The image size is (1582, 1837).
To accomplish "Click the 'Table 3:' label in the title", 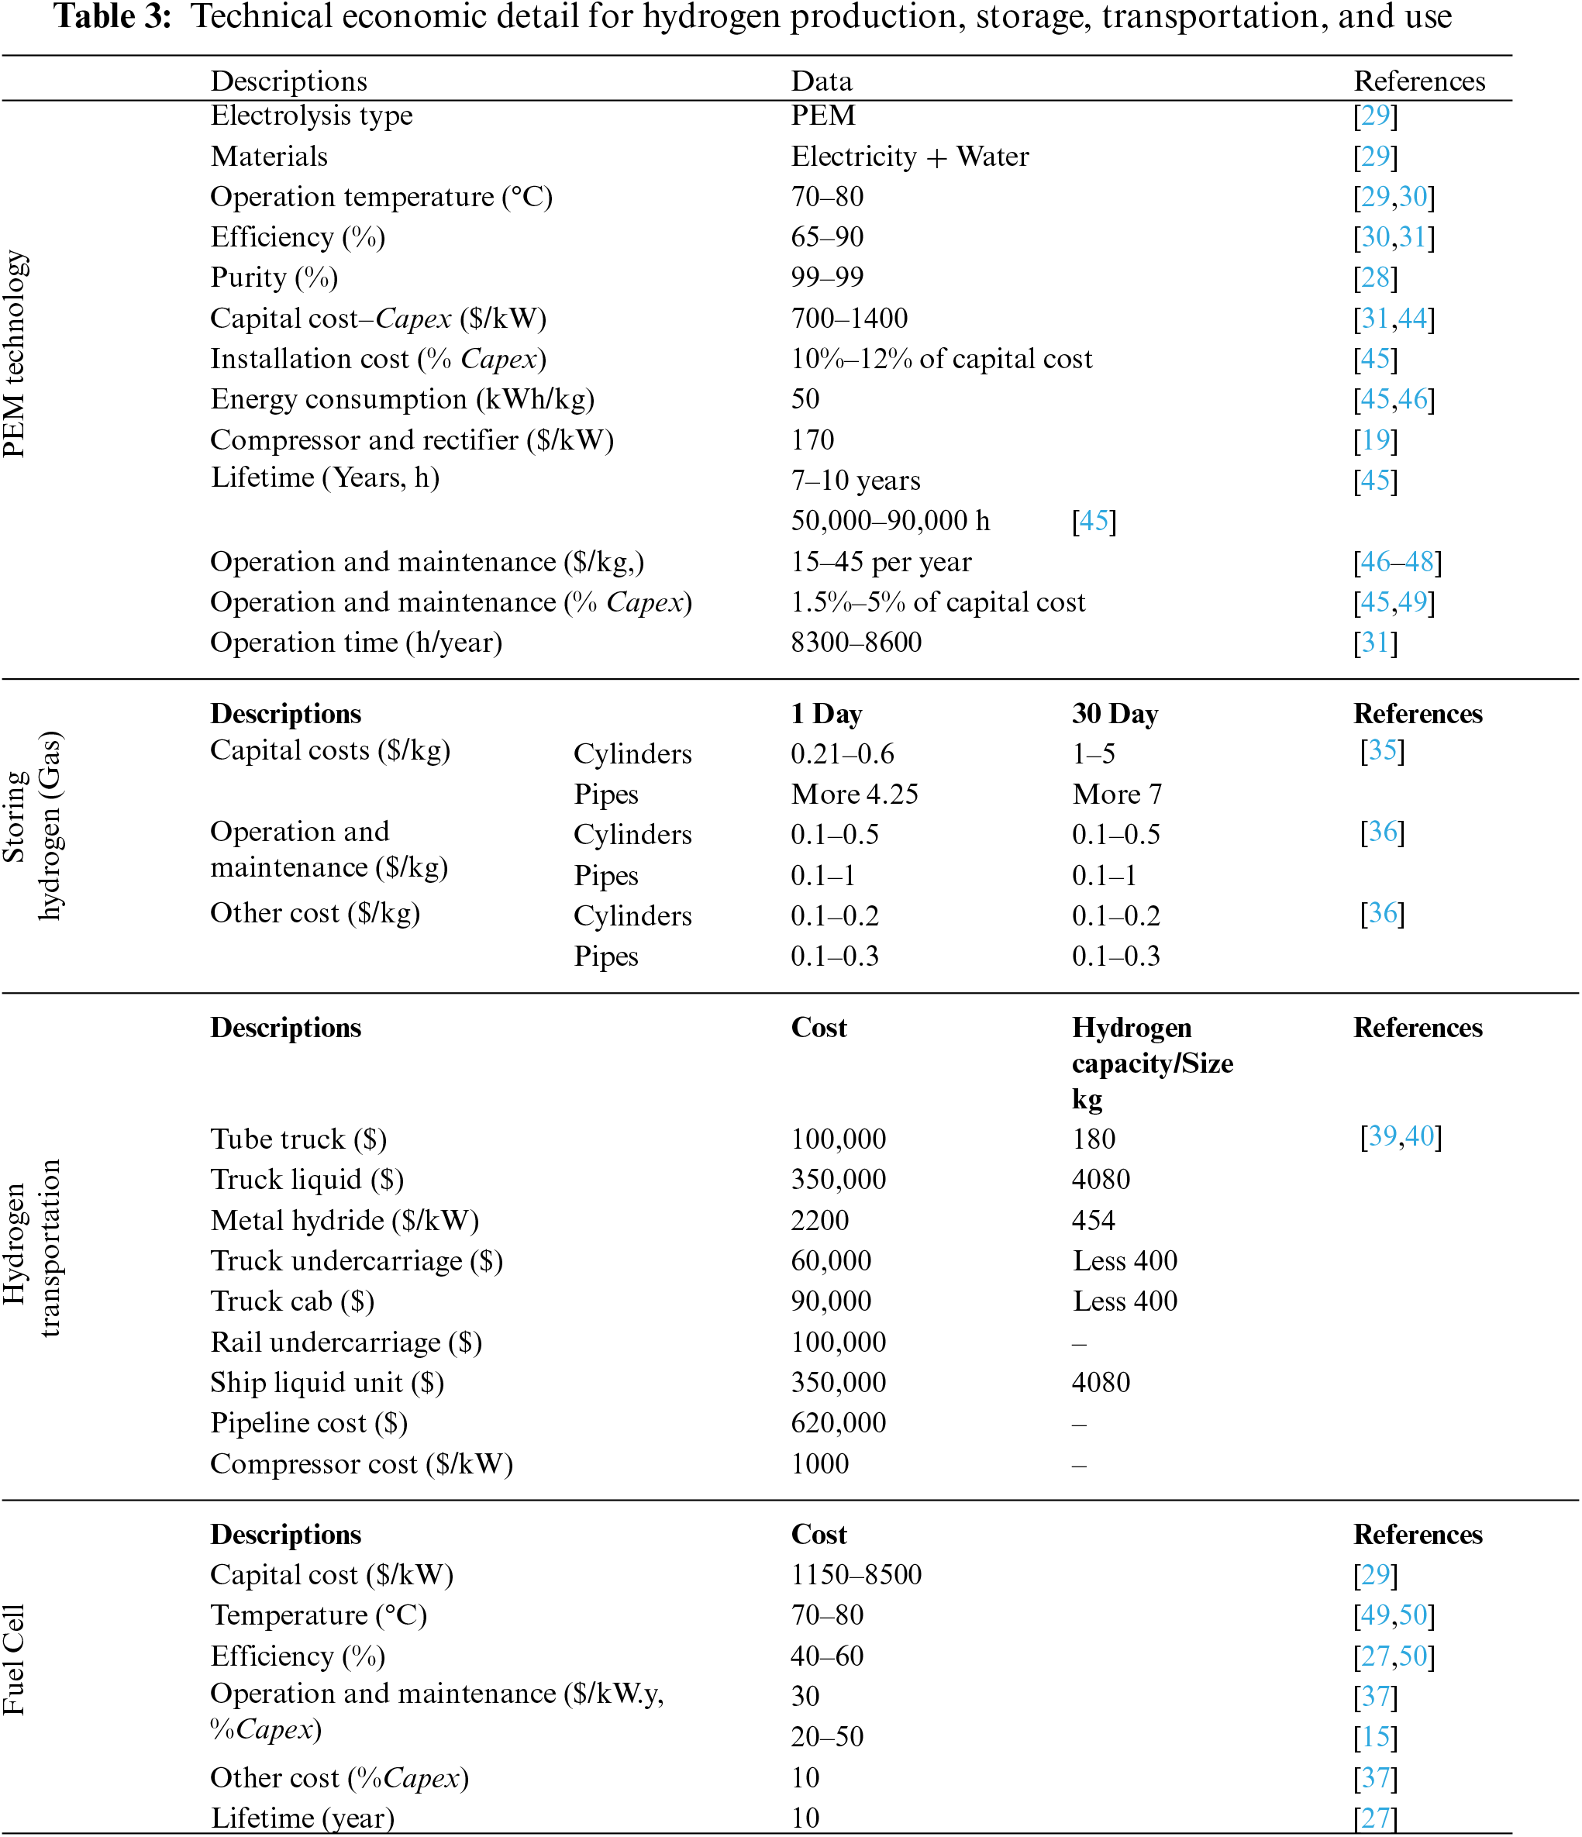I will tap(112, 18).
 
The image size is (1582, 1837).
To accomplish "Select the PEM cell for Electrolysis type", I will tap(823, 115).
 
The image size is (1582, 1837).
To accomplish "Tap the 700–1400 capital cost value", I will tap(849, 319).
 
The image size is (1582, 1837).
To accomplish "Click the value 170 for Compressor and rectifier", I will tap(812, 439).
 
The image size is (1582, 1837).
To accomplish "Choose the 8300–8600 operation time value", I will tap(856, 642).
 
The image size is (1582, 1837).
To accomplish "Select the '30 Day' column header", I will tap(1115, 714).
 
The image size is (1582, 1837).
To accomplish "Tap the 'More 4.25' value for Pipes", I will tap(854, 794).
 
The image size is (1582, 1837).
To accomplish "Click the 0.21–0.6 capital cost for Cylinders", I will tap(842, 753).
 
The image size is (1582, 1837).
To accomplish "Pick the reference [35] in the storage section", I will tap(1381, 751).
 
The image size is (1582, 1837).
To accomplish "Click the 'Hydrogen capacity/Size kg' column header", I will tap(1151, 1062).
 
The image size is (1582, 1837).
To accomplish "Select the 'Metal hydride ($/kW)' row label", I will tap(344, 1221).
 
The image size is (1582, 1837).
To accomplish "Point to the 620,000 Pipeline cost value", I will tap(838, 1423).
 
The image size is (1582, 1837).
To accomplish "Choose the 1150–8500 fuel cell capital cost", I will tap(856, 1574).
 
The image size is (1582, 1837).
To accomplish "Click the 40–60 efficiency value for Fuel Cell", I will tap(826, 1656).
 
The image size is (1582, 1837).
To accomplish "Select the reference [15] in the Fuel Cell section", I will tap(1374, 1737).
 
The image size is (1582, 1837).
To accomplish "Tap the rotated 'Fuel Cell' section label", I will tap(14, 1660).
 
